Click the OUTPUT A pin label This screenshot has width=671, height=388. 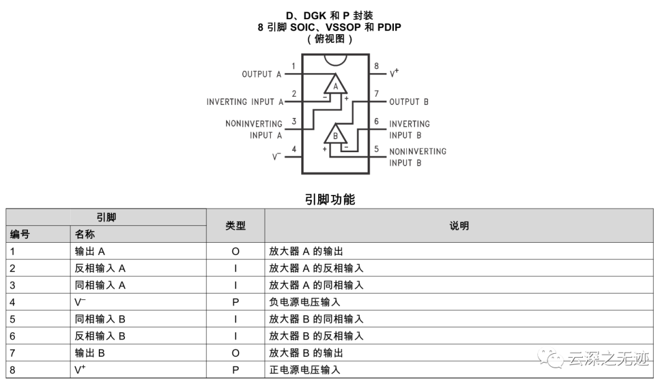(x=261, y=74)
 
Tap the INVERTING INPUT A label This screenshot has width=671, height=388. (x=245, y=101)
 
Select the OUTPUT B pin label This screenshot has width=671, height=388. (x=409, y=101)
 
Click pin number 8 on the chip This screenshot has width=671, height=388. (x=377, y=66)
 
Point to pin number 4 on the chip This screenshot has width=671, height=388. (x=294, y=149)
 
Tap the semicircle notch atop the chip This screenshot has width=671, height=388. (x=335, y=59)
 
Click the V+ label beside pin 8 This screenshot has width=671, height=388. (x=395, y=73)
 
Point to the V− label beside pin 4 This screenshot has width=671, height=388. (x=277, y=156)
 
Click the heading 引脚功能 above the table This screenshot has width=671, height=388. (x=330, y=199)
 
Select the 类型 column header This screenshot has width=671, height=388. (x=235, y=226)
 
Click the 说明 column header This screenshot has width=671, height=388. (x=459, y=226)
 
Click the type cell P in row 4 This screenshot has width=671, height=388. (x=235, y=302)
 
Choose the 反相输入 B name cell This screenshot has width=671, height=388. (x=100, y=336)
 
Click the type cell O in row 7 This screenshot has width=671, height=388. (x=235, y=353)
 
